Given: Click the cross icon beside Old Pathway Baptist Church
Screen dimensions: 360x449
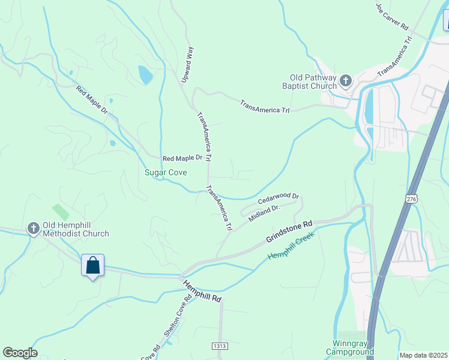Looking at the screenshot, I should point(346,80).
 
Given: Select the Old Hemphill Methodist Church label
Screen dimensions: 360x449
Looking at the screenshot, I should point(75,229).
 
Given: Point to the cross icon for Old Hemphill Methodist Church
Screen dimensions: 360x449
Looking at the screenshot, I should point(34,228).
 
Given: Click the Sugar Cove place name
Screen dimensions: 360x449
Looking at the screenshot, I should point(166,173).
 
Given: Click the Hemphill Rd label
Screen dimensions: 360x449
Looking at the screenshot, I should point(202,291).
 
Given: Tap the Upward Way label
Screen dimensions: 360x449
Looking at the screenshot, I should point(187,64).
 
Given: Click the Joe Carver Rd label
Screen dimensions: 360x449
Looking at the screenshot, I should point(392,16).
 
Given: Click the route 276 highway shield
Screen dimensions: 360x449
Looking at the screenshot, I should point(411,199).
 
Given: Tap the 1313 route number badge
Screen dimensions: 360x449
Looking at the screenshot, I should point(220,346).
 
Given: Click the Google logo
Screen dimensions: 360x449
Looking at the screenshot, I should point(20,353).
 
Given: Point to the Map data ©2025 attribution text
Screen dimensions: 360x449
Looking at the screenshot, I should point(423,355).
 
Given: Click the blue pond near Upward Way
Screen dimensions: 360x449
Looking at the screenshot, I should point(145,74).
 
